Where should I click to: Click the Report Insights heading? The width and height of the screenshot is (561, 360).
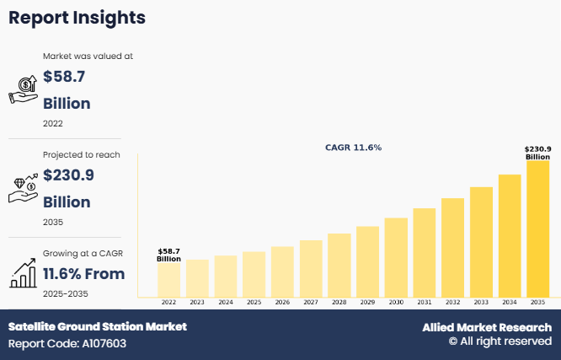tap(77, 18)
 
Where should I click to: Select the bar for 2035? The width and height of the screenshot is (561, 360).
tap(537, 228)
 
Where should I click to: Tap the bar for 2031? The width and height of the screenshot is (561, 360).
tap(424, 252)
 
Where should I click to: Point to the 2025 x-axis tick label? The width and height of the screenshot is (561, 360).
tap(254, 302)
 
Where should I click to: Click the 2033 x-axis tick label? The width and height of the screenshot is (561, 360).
tap(480, 302)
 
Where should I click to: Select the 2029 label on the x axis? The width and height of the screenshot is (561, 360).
tap(367, 302)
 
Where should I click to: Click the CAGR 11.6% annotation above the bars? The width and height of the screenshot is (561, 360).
tap(353, 148)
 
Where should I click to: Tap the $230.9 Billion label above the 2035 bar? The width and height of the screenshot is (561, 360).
tap(537, 153)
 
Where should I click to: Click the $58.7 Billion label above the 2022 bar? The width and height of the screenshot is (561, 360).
tap(168, 255)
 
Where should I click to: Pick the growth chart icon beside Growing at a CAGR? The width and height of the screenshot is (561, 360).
tap(23, 272)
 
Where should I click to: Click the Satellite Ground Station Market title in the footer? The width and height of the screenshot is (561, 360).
tap(98, 326)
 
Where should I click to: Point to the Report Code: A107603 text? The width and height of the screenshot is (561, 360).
tap(67, 344)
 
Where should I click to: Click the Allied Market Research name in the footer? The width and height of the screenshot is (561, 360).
tap(487, 327)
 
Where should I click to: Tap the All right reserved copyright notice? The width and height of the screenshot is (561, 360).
tap(500, 341)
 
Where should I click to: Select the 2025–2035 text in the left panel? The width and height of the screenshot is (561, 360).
tap(65, 293)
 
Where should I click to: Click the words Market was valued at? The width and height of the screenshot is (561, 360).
tap(88, 56)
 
